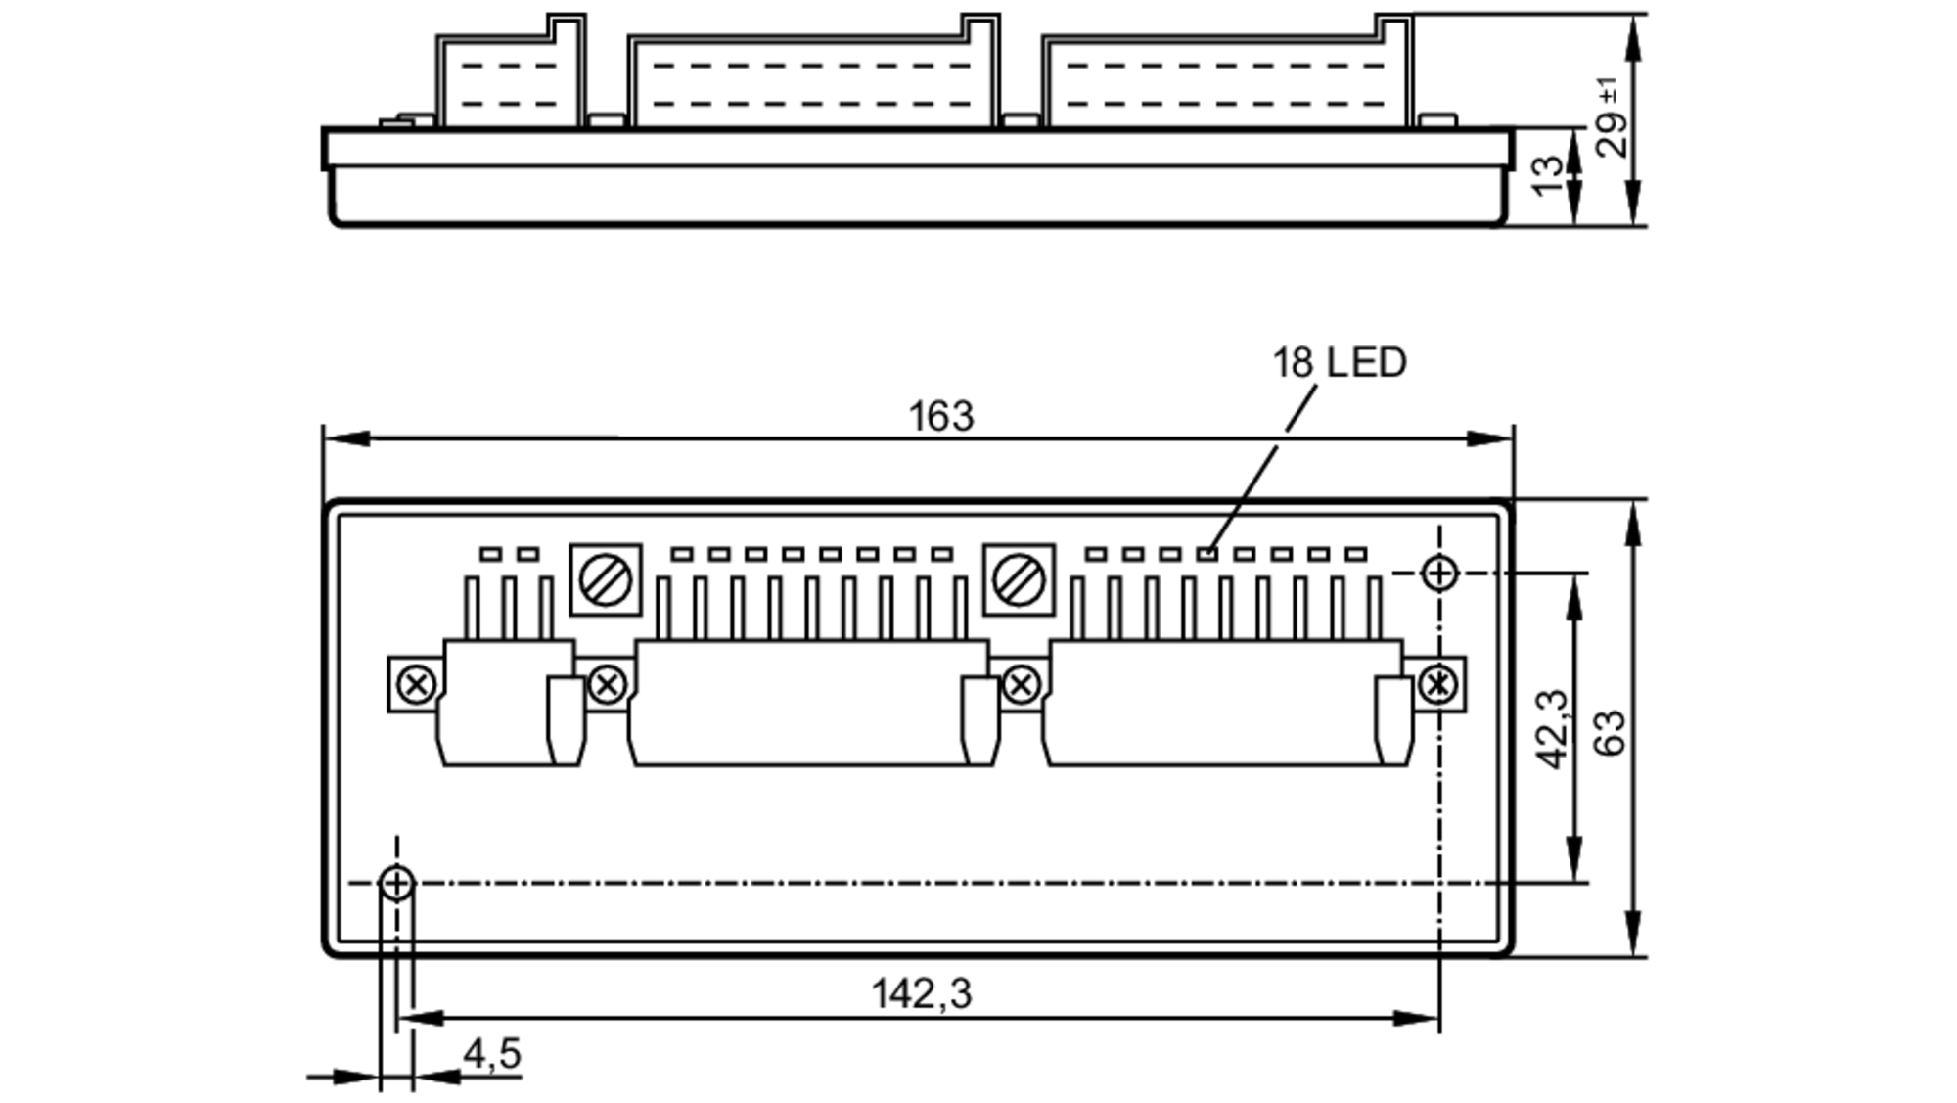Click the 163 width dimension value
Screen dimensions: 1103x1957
pos(940,416)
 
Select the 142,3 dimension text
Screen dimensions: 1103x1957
pos(921,993)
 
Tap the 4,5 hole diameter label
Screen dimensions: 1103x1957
pos(491,1054)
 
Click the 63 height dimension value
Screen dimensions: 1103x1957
pos(1609,731)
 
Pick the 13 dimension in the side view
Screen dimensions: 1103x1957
pos(1549,176)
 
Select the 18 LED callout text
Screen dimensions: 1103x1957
pos(1339,363)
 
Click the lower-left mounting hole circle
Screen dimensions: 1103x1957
pos(396,883)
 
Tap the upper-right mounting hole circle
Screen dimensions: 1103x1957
pos(1439,574)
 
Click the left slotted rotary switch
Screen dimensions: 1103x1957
pos(605,580)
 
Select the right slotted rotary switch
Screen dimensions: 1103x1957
pos(1019,580)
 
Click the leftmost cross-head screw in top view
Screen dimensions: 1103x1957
pos(416,684)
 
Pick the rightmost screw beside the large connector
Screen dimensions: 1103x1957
pos(1438,684)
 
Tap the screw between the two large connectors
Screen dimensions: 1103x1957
pos(1021,684)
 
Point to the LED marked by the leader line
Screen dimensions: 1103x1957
pos(1207,554)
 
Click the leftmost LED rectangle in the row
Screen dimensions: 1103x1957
pos(490,554)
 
